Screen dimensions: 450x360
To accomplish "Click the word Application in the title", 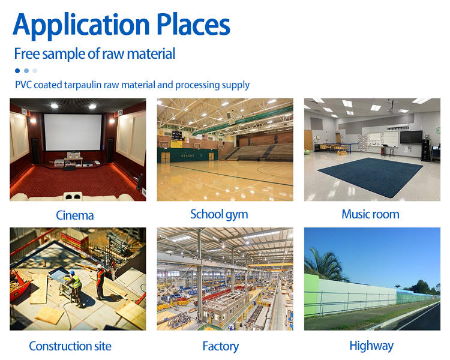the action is point(81,26).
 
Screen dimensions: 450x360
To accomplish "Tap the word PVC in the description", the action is point(23,85).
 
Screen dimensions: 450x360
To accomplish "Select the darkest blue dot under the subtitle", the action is point(17,71).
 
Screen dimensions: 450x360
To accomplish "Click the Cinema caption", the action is point(74,215).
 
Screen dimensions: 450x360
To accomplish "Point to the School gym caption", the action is point(219,215).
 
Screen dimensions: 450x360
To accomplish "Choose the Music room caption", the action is point(370,214).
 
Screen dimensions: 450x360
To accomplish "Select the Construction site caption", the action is point(70,346).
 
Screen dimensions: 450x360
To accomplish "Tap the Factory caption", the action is point(220,347).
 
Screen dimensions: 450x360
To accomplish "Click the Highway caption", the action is point(371,346).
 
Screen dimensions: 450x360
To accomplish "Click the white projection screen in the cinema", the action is point(73,132).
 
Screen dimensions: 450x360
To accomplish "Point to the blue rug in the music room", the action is point(370,176).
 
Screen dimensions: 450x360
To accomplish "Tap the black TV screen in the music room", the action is point(411,137).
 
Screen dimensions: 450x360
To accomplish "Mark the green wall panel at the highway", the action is point(311,293).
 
